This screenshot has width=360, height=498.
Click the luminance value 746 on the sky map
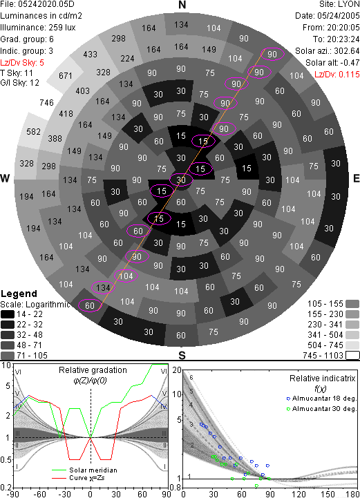[47, 103]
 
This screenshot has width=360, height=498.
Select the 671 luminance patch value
[66, 76]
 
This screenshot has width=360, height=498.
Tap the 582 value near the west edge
[33, 131]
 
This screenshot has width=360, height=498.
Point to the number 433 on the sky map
[91, 55]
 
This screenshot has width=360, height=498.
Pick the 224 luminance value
[127, 59]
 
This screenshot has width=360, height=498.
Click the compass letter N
[182, 5]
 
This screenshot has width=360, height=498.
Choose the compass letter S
[182, 356]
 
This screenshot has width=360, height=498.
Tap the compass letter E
[356, 178]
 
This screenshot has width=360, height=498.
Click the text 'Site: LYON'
[339, 4]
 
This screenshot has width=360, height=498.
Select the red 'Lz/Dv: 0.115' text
[337, 75]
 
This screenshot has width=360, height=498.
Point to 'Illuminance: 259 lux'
[38, 28]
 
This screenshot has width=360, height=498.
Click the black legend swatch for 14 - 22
[8, 314]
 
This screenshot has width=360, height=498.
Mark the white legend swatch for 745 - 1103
[352, 355]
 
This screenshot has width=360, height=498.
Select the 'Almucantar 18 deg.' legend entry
[324, 399]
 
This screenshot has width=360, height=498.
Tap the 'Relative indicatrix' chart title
[322, 379]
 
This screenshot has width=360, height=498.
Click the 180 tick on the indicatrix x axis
[352, 494]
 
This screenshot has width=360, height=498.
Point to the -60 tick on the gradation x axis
[39, 494]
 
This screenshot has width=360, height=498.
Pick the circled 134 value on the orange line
[103, 288]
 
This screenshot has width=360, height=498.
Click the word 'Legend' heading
[19, 294]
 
